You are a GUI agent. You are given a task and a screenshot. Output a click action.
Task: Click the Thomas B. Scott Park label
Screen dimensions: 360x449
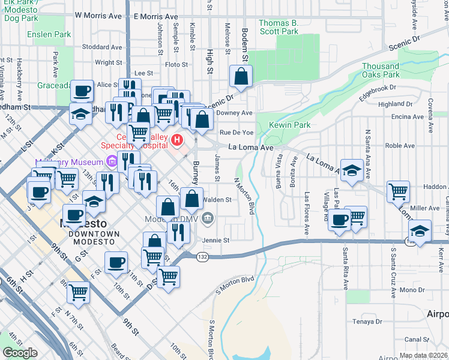[x=279, y=27]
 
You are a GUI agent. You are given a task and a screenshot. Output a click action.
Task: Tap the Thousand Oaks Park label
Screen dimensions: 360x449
[x=381, y=70]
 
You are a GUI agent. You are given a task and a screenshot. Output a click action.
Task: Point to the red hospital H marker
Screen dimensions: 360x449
[x=177, y=140]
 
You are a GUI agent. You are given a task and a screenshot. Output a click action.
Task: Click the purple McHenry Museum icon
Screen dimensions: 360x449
[x=111, y=161]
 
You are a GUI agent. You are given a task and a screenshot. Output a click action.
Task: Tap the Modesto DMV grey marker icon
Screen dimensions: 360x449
[x=208, y=218]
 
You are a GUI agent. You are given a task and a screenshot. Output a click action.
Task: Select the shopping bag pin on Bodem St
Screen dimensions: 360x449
[x=241, y=76]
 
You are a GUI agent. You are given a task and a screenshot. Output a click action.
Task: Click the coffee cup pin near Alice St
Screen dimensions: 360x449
[x=82, y=91]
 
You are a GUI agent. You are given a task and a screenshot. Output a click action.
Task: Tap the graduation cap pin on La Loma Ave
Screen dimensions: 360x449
[x=352, y=170]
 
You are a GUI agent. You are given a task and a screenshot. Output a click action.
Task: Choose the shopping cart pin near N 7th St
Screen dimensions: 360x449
[x=79, y=293]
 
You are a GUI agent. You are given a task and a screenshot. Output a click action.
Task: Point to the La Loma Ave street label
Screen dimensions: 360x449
[x=250, y=147]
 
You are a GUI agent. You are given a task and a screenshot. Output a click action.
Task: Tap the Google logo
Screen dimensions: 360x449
[x=20, y=353]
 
